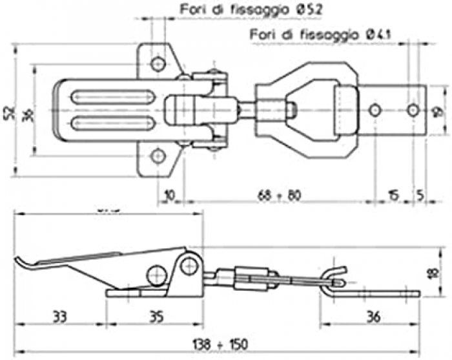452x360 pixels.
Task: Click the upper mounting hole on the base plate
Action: point(158,63)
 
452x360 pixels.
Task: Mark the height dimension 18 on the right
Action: point(431,273)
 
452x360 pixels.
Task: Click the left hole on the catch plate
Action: point(375,111)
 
